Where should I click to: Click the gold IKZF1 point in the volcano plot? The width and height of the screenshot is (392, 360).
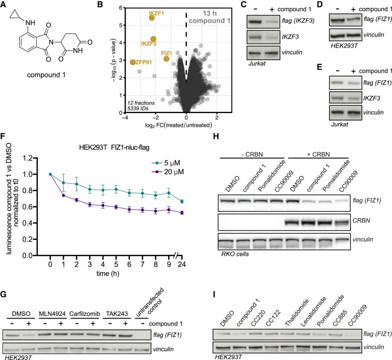point(151,18)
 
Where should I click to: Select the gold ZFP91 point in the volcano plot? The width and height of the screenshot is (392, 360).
point(132,62)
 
